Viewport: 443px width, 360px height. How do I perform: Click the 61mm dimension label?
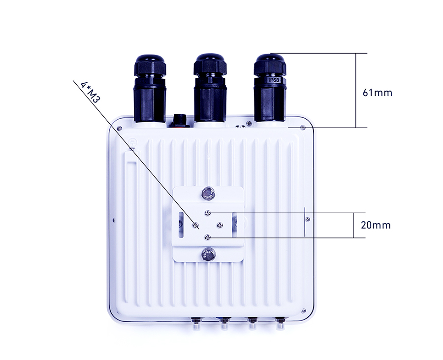click(378, 92)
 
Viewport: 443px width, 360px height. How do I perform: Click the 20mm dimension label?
click(376, 225)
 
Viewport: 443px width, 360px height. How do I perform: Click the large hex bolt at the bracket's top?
click(209, 193)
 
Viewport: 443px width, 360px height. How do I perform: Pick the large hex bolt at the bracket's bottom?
click(209, 255)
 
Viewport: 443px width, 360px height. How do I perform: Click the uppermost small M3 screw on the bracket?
click(209, 213)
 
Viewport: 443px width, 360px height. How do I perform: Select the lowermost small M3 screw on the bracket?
click(208, 237)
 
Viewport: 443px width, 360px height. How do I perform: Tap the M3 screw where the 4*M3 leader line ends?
click(196, 225)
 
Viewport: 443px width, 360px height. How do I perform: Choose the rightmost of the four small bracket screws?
click(220, 225)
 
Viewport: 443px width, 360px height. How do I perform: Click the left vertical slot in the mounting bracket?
click(183, 222)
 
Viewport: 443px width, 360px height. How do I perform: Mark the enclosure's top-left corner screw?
click(120, 128)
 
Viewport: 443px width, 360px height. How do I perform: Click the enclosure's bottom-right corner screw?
click(303, 310)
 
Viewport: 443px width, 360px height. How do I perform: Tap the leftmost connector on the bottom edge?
click(196, 323)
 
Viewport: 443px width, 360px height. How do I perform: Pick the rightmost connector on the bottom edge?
click(281, 323)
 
